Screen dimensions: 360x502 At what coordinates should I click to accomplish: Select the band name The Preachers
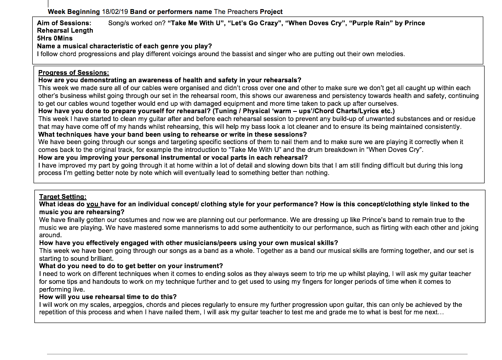click(236, 12)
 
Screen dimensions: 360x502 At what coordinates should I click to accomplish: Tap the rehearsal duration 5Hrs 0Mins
click(55, 38)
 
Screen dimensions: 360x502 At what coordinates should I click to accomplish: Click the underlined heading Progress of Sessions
click(74, 73)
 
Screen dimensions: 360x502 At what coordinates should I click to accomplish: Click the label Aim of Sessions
click(64, 23)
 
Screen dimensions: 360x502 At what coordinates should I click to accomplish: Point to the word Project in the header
click(271, 12)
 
